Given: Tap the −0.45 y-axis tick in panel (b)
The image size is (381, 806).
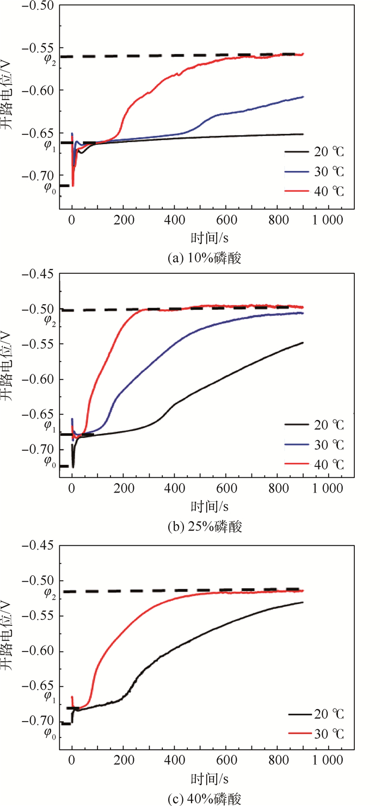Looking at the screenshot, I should (x=39, y=274).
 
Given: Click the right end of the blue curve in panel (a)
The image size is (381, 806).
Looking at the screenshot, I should (x=303, y=97).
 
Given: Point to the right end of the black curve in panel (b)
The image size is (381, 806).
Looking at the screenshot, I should (x=303, y=342).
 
